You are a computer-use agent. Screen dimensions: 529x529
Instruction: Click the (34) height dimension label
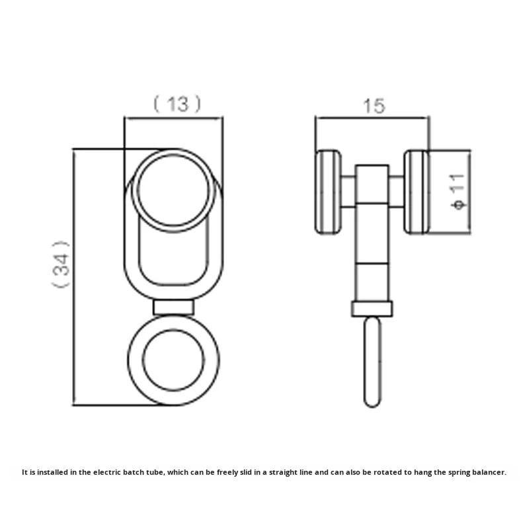[x=60, y=263]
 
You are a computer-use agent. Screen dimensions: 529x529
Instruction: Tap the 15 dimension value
[x=374, y=106]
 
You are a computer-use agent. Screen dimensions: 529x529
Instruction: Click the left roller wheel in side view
[x=328, y=192]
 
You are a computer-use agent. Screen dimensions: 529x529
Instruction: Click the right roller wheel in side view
[x=417, y=192]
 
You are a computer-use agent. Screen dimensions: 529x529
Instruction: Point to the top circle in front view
[x=173, y=190]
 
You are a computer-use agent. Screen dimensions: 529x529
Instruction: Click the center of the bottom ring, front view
[x=173, y=360]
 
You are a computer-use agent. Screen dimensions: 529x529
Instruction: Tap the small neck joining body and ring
[x=173, y=307]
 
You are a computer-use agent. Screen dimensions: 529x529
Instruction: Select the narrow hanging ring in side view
[x=372, y=361]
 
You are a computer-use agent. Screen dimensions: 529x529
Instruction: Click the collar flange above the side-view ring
[x=372, y=308]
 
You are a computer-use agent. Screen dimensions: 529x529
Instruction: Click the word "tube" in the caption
[x=154, y=472]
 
